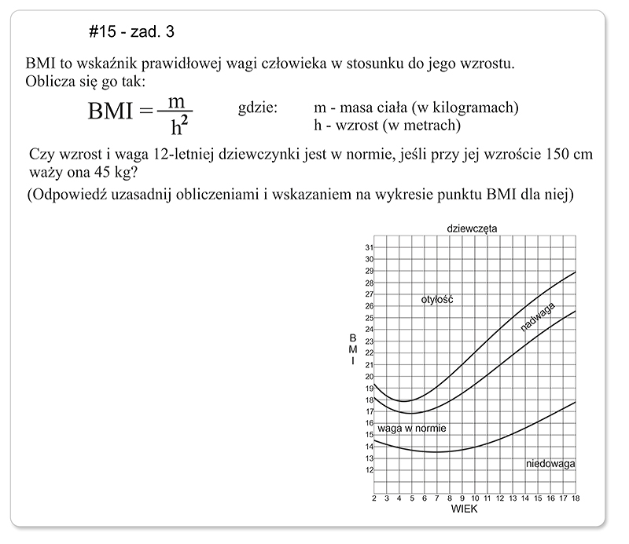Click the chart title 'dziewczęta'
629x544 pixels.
pyautogui.click(x=471, y=228)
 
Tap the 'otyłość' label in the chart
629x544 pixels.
pyautogui.click(x=439, y=300)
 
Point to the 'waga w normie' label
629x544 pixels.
pyautogui.click(x=412, y=429)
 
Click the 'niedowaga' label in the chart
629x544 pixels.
pyautogui.click(x=550, y=464)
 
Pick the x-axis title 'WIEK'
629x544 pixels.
pyautogui.click(x=464, y=509)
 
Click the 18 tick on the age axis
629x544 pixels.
pyautogui.click(x=576, y=498)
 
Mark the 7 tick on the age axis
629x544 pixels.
pyautogui.click(x=437, y=498)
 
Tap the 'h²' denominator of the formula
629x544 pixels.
pyautogui.click(x=180, y=126)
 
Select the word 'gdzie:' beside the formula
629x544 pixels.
pyautogui.click(x=257, y=108)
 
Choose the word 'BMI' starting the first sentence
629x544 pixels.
pyautogui.click(x=39, y=64)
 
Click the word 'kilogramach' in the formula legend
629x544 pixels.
pyautogui.click(x=480, y=108)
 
